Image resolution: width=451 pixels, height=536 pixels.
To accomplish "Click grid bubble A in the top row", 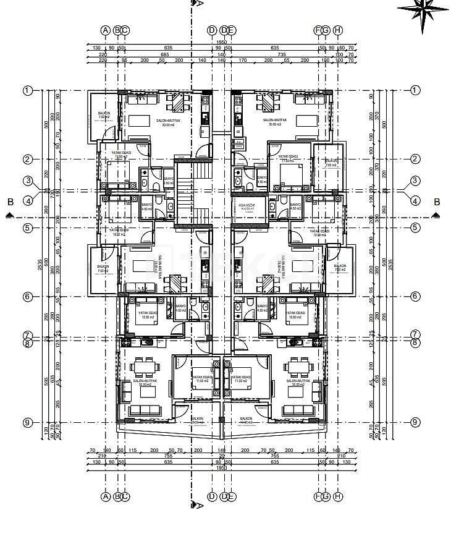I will click(106, 30).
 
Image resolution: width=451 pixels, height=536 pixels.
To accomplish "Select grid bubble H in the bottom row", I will click(337, 496).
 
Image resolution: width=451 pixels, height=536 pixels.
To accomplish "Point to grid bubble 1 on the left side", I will click(27, 91).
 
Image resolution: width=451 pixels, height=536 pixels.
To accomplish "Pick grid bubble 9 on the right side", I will click(415, 422).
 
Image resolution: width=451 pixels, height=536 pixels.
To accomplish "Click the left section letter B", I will click(10, 202).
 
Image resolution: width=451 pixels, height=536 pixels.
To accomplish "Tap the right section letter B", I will click(437, 202).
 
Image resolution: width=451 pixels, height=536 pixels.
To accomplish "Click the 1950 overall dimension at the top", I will click(221, 43).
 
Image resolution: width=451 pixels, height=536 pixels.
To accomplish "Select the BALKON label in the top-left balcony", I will click(104, 113).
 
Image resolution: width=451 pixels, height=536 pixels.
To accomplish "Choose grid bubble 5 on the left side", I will click(27, 228).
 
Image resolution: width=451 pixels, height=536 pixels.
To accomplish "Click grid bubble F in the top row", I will click(319, 30).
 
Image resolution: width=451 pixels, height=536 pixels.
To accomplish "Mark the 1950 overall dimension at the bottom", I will click(221, 468).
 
